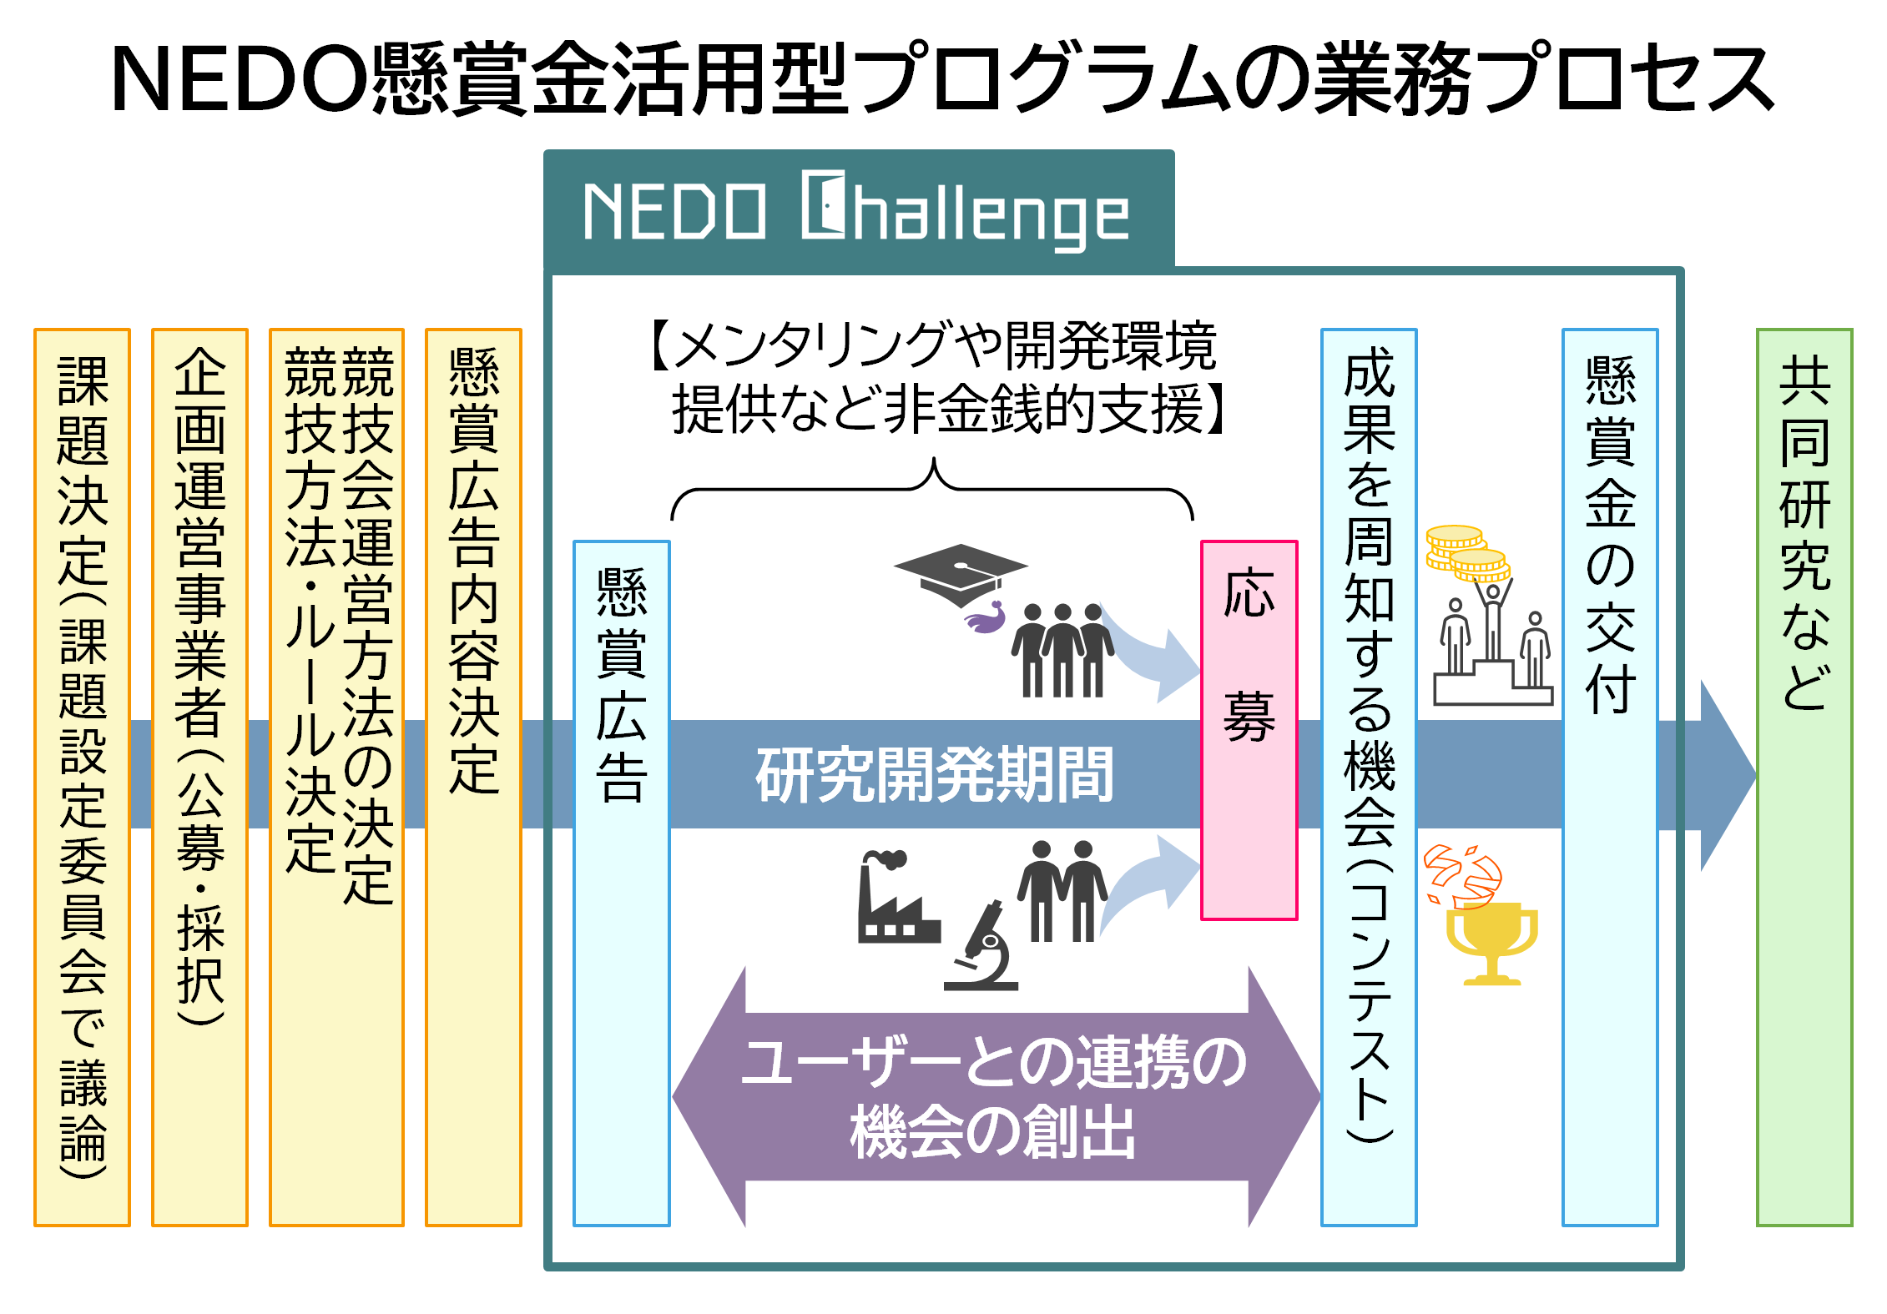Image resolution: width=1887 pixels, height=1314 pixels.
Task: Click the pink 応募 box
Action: click(1249, 730)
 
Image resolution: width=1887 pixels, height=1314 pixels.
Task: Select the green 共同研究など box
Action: click(1804, 777)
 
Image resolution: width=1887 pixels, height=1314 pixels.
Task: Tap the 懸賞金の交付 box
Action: click(1609, 777)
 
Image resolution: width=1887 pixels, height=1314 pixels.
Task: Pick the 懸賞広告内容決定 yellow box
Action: click(473, 777)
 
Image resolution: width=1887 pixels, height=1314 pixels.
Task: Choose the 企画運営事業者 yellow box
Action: click(199, 777)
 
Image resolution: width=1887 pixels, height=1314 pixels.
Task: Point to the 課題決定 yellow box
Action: click(82, 777)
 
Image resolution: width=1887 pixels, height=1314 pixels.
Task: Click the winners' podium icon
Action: click(1493, 659)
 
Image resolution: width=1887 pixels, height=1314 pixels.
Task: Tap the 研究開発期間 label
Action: click(934, 775)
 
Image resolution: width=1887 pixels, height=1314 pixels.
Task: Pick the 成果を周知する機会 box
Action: click(1369, 777)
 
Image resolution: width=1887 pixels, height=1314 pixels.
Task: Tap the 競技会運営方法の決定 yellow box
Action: click(336, 777)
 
